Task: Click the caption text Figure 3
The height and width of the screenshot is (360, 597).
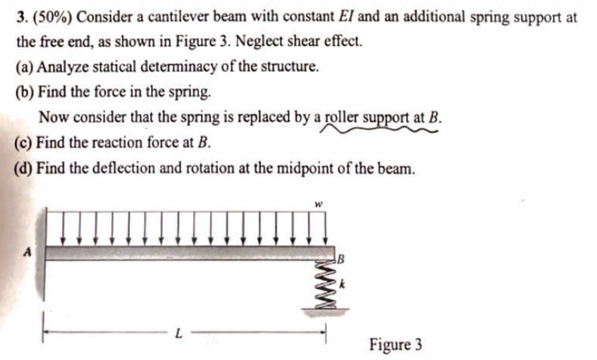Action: (395, 345)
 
